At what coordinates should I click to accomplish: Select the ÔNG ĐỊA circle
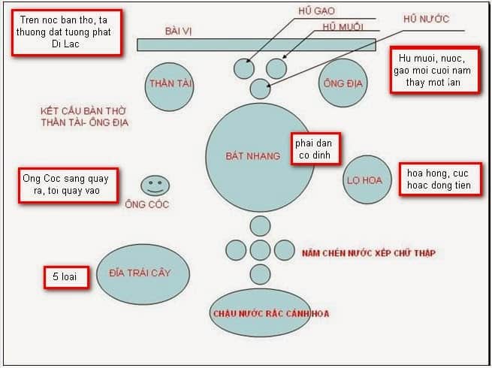click(x=343, y=83)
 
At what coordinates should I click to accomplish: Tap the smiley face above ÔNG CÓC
click(x=155, y=185)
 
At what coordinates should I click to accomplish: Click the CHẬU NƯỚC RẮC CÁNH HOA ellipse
click(x=259, y=312)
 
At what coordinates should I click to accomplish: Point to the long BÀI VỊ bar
click(x=256, y=44)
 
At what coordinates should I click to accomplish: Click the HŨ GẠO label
click(x=316, y=11)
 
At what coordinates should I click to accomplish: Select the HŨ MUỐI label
click(x=343, y=27)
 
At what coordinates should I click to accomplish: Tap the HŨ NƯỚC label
click(x=426, y=19)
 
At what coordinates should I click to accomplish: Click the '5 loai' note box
click(x=65, y=278)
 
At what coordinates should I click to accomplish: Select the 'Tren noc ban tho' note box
click(x=67, y=32)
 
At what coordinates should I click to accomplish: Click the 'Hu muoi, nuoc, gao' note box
click(x=433, y=70)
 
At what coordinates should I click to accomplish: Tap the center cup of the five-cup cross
click(x=260, y=250)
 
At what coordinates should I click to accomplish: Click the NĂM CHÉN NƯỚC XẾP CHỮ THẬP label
click(x=368, y=253)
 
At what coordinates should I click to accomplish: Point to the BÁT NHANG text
click(x=252, y=156)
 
